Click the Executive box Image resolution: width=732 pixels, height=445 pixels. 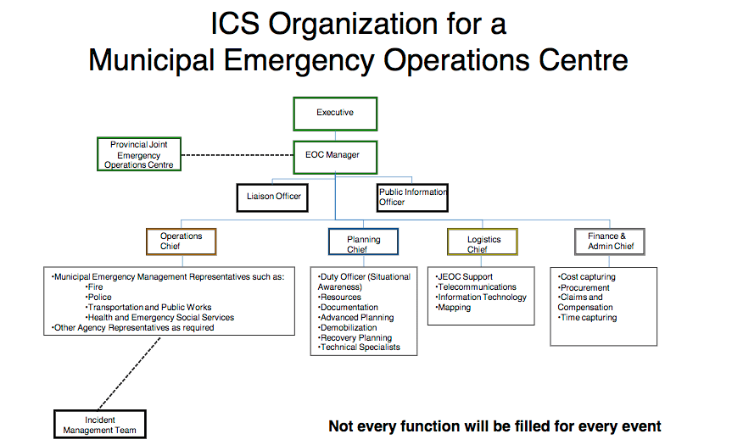click(335, 114)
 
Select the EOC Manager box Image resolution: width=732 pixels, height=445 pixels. click(335, 156)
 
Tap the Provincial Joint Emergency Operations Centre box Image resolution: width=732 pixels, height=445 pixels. click(138, 154)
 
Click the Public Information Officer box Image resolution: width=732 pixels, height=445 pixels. click(412, 197)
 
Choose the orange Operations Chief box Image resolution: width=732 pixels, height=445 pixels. click(182, 242)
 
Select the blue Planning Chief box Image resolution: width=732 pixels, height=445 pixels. click(363, 242)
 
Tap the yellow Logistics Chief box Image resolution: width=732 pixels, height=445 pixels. click(483, 242)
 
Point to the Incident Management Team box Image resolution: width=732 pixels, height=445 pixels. click(100, 425)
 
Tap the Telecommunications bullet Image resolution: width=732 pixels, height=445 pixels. click(477, 287)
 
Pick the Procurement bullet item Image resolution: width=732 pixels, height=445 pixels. click(584, 287)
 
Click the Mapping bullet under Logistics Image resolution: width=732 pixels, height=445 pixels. click(455, 308)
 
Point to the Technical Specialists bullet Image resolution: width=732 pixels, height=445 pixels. click(360, 348)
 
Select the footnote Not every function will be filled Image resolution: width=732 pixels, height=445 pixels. click(495, 426)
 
